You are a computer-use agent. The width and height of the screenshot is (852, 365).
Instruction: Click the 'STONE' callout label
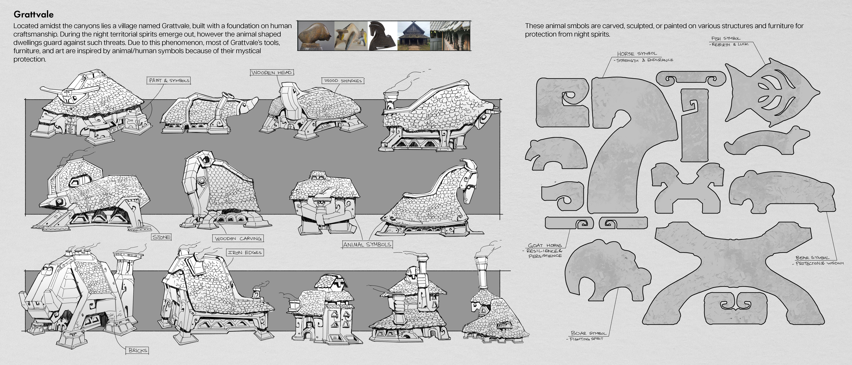pos(161,237)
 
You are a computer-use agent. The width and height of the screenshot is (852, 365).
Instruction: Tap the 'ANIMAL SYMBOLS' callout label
pos(367,245)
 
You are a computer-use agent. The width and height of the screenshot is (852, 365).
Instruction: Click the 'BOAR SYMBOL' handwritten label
pos(589,333)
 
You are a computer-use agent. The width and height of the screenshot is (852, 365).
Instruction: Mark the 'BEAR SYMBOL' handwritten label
pos(812,258)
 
